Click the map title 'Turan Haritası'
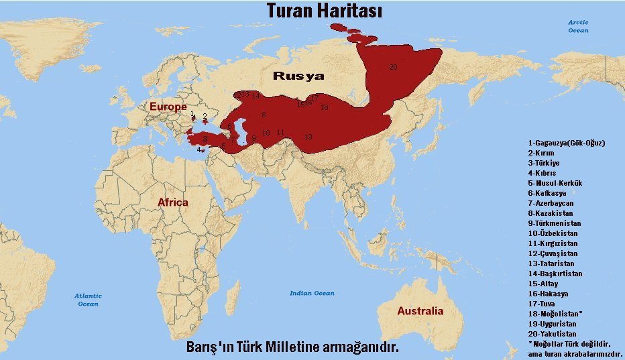tap(315, 11)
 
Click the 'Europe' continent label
tap(168, 107)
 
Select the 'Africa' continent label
tap(172, 202)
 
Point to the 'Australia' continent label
tap(420, 311)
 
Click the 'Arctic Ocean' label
tap(578, 26)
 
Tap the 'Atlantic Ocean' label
tap(88, 300)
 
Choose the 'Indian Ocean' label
tap(312, 293)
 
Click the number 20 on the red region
tap(393, 67)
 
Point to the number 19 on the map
tap(308, 137)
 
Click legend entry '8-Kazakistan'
tap(550, 213)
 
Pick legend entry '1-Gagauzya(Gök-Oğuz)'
tap(567, 143)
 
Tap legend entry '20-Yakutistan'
tap(552, 334)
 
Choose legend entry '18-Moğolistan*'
tap(555, 314)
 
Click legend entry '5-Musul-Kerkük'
tap(555, 183)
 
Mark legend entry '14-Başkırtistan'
tap(555, 274)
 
